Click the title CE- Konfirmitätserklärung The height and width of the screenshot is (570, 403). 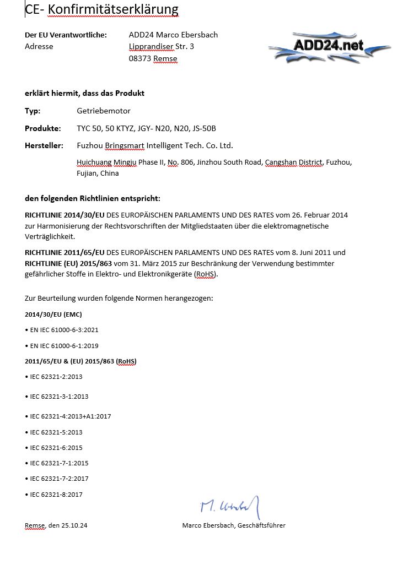click(x=102, y=9)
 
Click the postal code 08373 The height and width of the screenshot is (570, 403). click(x=140, y=58)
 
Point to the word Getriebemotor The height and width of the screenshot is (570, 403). click(x=104, y=111)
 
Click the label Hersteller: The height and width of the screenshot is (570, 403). click(x=44, y=146)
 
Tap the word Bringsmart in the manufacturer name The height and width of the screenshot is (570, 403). click(x=125, y=146)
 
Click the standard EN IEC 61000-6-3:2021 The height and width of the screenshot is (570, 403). click(x=65, y=330)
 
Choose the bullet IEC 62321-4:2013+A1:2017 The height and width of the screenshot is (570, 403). click(x=71, y=416)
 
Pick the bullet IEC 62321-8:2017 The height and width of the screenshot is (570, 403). click(x=56, y=495)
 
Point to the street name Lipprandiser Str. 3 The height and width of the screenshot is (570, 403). click(x=162, y=47)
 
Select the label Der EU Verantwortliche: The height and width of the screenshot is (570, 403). click(x=66, y=35)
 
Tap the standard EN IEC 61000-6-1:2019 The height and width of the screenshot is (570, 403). click(x=65, y=345)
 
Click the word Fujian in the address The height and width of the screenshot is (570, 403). click(x=87, y=173)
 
